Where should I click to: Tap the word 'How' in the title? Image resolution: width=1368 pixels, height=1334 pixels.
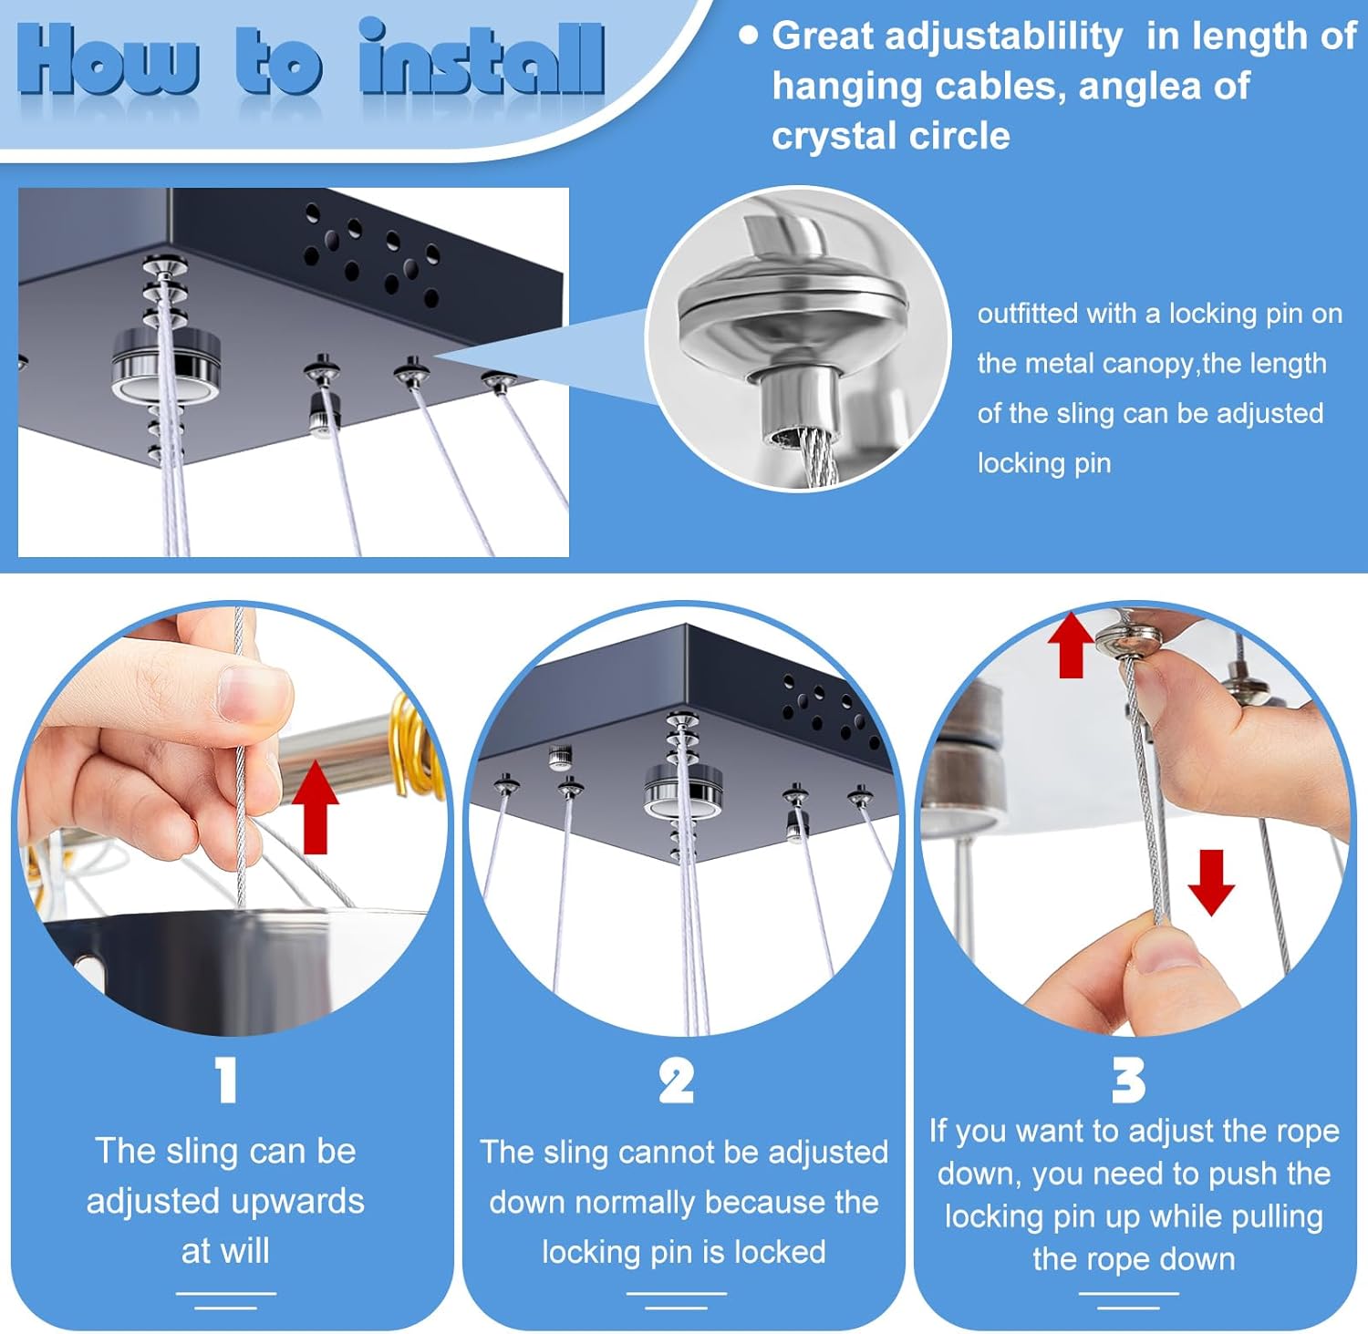tap(108, 61)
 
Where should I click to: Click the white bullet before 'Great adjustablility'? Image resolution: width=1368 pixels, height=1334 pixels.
tap(749, 36)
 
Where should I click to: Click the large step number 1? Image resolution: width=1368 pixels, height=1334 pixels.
tap(226, 1081)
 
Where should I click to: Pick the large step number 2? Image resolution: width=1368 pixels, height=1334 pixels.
tap(676, 1081)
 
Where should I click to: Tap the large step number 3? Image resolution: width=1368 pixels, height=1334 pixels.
tap(1128, 1081)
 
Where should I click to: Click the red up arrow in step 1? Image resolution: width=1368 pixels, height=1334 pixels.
tap(316, 806)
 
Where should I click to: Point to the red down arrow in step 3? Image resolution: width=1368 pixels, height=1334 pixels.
tap(1211, 882)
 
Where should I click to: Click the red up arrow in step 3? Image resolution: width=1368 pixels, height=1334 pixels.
tap(1071, 646)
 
